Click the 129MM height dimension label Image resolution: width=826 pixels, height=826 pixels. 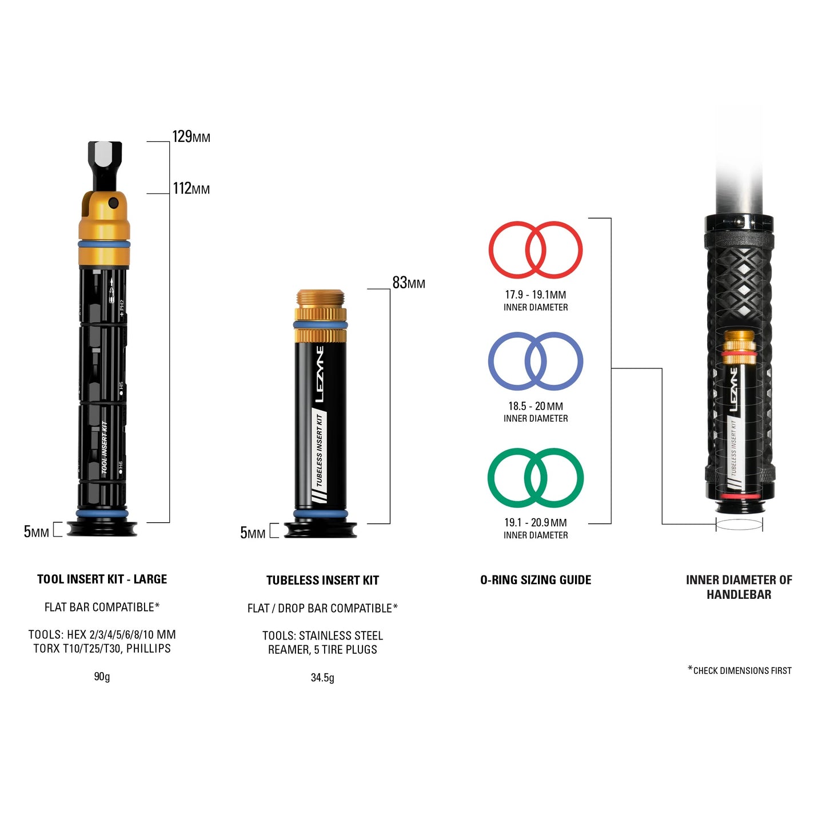(x=191, y=137)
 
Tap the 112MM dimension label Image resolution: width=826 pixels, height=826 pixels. (x=191, y=189)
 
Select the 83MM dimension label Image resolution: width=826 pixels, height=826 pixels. (x=408, y=283)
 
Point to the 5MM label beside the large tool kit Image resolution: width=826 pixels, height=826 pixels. (x=36, y=532)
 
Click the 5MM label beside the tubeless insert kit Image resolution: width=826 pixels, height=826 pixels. (x=253, y=533)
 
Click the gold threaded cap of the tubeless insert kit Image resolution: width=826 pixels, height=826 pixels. (x=321, y=299)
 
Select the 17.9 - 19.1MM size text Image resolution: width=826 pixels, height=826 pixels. (x=535, y=295)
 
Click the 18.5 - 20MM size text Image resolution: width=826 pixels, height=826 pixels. (x=536, y=406)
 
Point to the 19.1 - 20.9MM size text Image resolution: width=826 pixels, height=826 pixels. (x=536, y=523)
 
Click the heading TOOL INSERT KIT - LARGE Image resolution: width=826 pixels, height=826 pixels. (x=102, y=579)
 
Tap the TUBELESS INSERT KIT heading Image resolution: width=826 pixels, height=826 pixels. (x=322, y=581)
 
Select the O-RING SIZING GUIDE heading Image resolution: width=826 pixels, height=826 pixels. (x=536, y=580)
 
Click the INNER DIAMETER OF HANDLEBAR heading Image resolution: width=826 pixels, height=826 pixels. (x=739, y=587)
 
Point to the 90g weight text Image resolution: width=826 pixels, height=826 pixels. (x=102, y=677)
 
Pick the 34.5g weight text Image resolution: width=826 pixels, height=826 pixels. (x=322, y=678)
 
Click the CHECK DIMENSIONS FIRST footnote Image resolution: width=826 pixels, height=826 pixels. (x=740, y=670)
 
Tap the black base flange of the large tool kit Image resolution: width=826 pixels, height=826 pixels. (x=102, y=530)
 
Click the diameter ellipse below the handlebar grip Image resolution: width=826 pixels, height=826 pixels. (x=739, y=525)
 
